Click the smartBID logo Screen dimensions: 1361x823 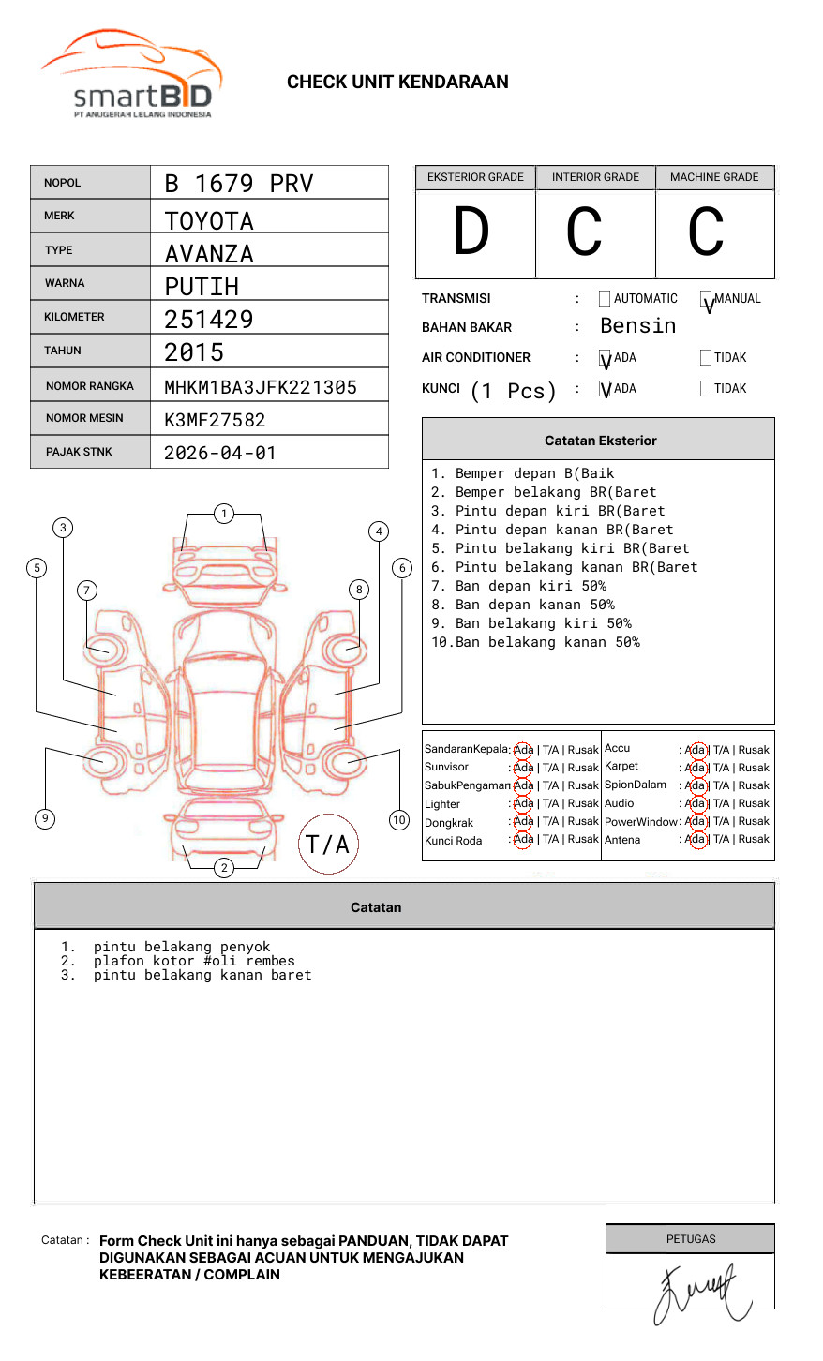(x=131, y=75)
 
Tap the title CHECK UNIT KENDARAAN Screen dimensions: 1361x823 (x=397, y=82)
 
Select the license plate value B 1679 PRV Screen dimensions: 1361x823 (x=238, y=184)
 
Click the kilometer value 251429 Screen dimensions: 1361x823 (x=209, y=320)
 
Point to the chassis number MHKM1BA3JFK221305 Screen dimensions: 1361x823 (x=261, y=387)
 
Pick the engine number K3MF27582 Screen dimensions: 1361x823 (x=215, y=420)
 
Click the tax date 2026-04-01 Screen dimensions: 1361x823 (x=220, y=453)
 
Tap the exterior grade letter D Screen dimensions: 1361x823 (x=471, y=232)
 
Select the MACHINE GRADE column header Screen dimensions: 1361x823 (x=714, y=177)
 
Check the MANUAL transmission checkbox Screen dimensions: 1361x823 (x=706, y=299)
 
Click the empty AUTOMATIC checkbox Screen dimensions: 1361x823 (x=605, y=299)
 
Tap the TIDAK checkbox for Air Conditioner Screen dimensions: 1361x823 (x=706, y=358)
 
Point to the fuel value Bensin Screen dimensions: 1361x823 (x=637, y=326)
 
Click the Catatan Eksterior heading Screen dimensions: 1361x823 (x=600, y=441)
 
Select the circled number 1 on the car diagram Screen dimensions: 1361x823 (x=223, y=514)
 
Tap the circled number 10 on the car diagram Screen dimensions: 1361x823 (x=399, y=820)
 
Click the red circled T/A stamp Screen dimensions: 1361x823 (x=328, y=845)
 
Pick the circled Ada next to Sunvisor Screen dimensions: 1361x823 (x=523, y=768)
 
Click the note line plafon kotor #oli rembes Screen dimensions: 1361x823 (x=194, y=962)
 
